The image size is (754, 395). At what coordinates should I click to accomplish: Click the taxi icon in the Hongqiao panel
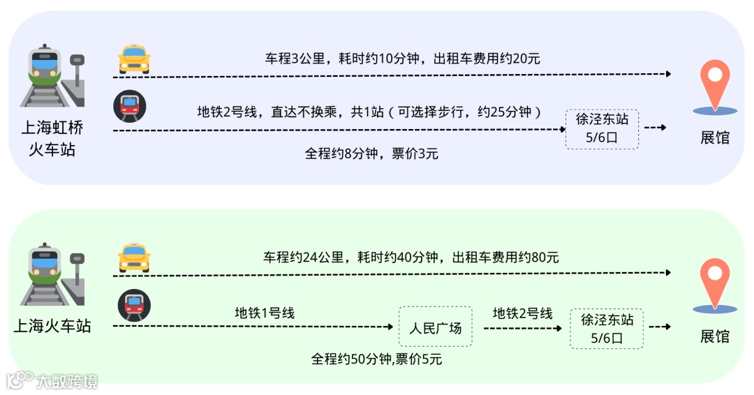[135, 59]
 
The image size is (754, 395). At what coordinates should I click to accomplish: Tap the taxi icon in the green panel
[135, 258]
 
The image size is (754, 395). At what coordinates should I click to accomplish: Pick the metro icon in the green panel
[134, 305]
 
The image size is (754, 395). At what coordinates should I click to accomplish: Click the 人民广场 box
[435, 327]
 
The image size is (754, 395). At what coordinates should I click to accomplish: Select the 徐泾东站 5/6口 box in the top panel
[602, 128]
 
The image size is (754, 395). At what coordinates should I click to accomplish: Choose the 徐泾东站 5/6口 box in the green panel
[607, 329]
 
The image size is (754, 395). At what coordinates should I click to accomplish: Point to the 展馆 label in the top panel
[715, 137]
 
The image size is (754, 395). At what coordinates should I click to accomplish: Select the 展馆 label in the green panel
[715, 336]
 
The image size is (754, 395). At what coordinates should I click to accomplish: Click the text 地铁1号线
[265, 313]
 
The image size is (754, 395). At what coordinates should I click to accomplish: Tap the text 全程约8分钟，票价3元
[371, 154]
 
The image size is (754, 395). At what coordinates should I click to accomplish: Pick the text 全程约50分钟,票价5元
[376, 359]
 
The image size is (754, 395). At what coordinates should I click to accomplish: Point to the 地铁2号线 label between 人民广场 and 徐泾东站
[523, 313]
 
